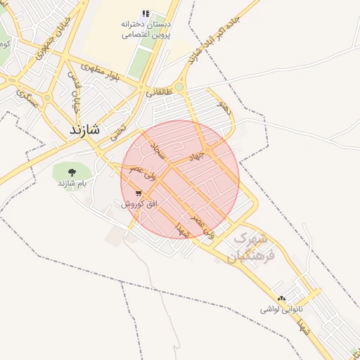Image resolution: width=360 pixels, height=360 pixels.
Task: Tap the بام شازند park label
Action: point(71,183)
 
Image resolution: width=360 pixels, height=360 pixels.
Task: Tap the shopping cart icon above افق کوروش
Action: point(139,192)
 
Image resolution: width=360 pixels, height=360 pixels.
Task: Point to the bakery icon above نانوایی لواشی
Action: point(282,298)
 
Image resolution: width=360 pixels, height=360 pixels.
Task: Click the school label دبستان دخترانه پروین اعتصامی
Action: point(146,29)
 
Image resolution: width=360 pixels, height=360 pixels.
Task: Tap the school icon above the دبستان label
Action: point(146,13)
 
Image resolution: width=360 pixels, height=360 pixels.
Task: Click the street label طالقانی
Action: point(159,92)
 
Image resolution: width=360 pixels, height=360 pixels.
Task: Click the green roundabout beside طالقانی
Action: point(179,87)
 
